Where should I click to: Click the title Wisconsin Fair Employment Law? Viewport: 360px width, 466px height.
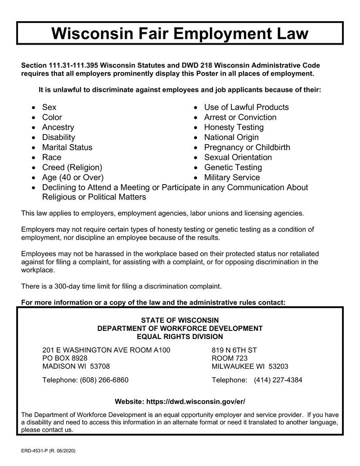(180, 33)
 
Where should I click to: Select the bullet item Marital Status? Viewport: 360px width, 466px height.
(67, 147)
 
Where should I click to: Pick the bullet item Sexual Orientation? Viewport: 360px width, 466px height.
(238, 158)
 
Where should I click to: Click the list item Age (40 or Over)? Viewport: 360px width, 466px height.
(72, 177)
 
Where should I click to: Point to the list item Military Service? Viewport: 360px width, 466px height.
(232, 177)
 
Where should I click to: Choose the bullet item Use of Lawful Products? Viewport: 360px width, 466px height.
(246, 107)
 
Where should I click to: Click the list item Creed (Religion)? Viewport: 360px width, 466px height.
(72, 167)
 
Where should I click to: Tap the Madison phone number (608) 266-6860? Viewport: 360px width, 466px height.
(104, 380)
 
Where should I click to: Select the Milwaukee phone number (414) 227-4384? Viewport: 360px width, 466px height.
(278, 380)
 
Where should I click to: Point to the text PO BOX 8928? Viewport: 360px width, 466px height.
(65, 358)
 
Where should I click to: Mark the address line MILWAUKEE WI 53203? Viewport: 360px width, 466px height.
(250, 366)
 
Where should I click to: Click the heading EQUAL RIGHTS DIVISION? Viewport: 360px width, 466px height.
(180, 337)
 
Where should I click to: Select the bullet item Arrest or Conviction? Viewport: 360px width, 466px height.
(240, 118)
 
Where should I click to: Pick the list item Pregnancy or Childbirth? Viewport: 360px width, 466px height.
(247, 147)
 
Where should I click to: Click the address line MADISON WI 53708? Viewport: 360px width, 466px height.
(76, 366)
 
